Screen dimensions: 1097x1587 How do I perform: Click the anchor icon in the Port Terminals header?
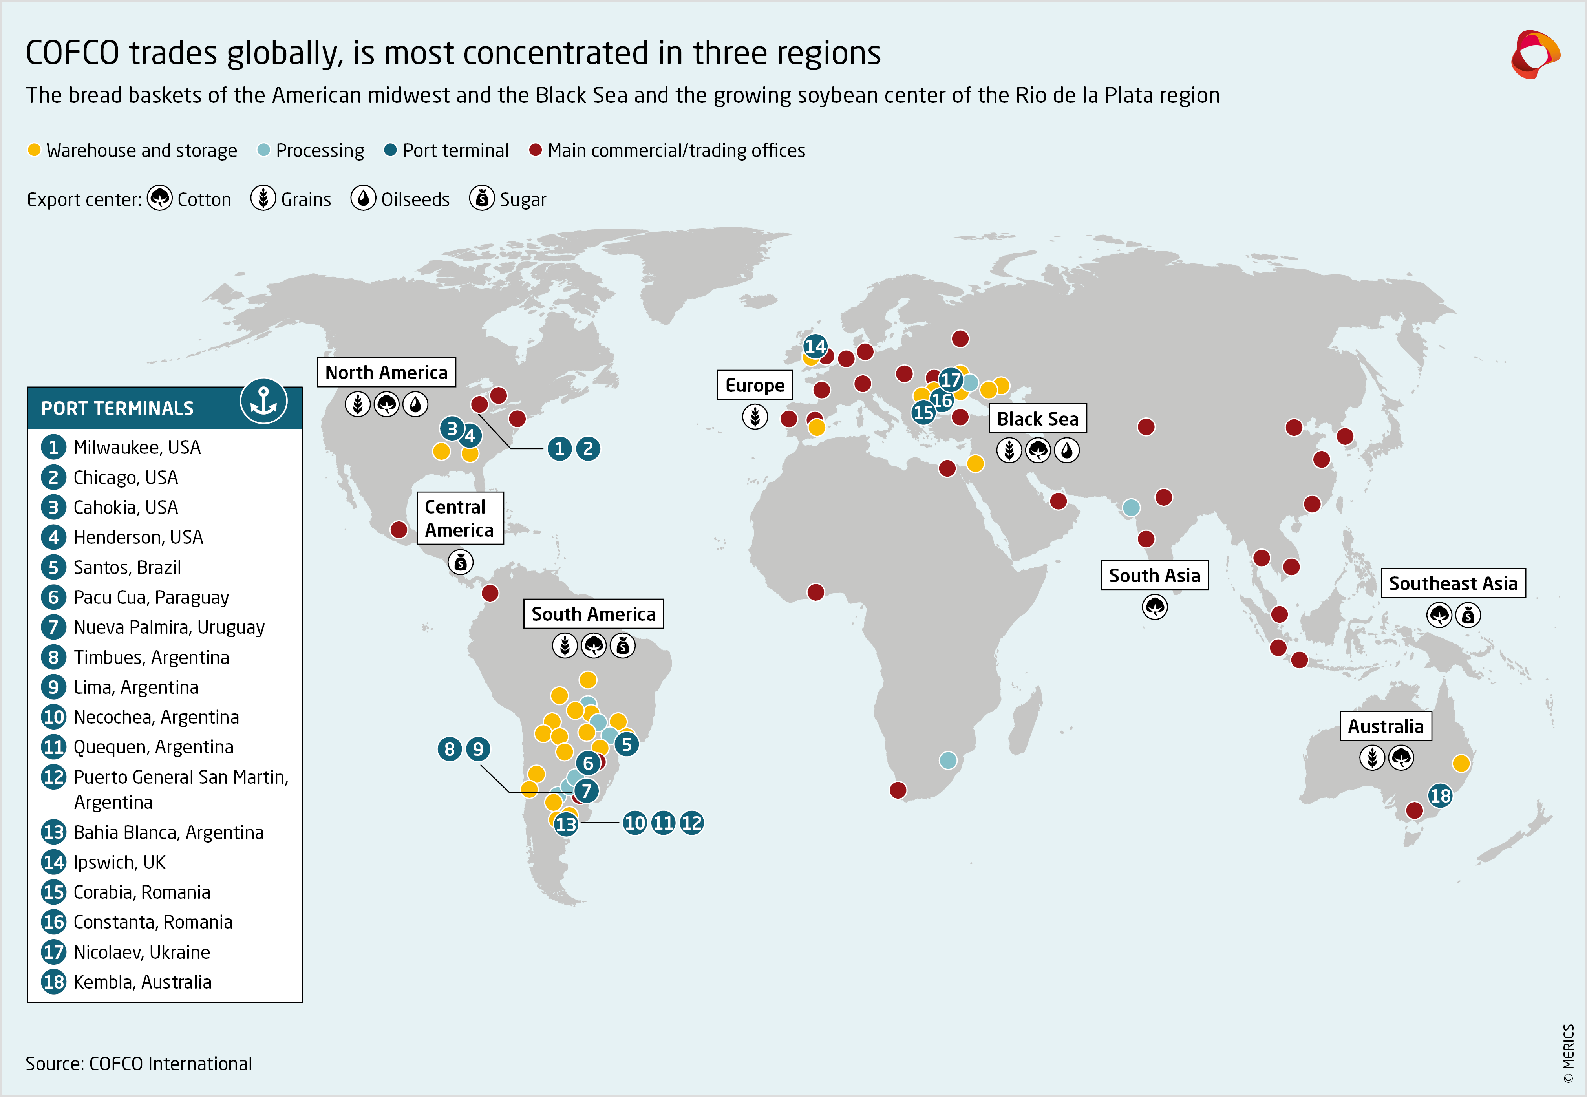tap(263, 401)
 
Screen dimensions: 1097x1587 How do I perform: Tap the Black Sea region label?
tap(1037, 419)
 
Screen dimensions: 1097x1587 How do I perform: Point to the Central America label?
tap(460, 518)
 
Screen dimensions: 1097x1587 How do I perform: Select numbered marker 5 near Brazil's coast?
tap(626, 744)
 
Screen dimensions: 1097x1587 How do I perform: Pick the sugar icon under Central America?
tap(461, 562)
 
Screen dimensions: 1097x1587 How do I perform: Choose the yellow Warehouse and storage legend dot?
tap(34, 150)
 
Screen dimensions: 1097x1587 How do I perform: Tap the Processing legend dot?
tap(263, 150)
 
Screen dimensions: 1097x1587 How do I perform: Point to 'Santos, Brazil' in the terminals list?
tap(127, 567)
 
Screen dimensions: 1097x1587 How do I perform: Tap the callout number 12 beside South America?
tap(691, 823)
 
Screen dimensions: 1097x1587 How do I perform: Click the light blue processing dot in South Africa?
tap(948, 759)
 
